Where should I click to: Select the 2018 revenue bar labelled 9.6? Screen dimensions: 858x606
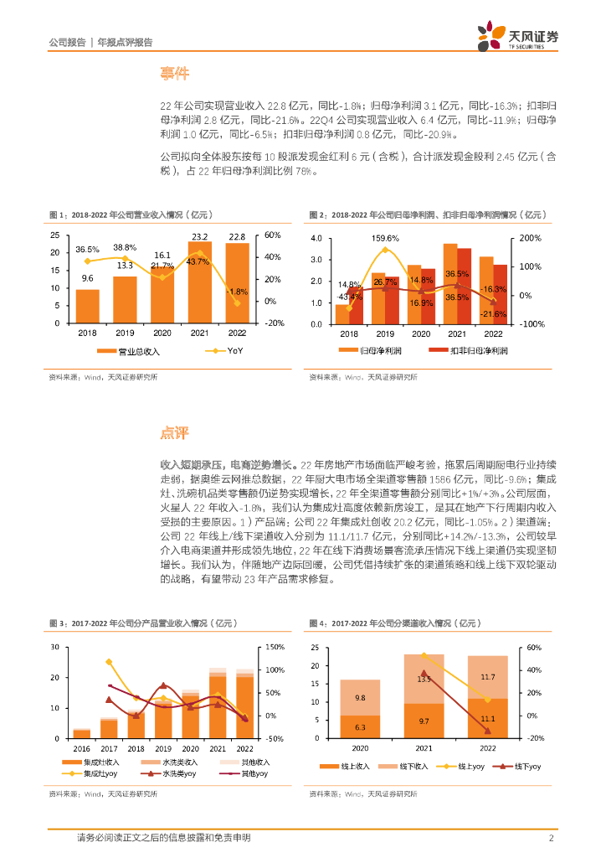pyautogui.click(x=87, y=306)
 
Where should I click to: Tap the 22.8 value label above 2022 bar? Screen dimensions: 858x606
pyautogui.click(x=237, y=235)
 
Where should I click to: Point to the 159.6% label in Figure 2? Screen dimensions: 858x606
pyautogui.click(x=385, y=238)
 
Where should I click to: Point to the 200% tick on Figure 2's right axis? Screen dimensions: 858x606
pyautogui.click(x=532, y=239)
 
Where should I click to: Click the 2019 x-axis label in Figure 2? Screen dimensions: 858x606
pyautogui.click(x=384, y=333)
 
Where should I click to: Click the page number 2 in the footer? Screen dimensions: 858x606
pyautogui.click(x=552, y=838)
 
